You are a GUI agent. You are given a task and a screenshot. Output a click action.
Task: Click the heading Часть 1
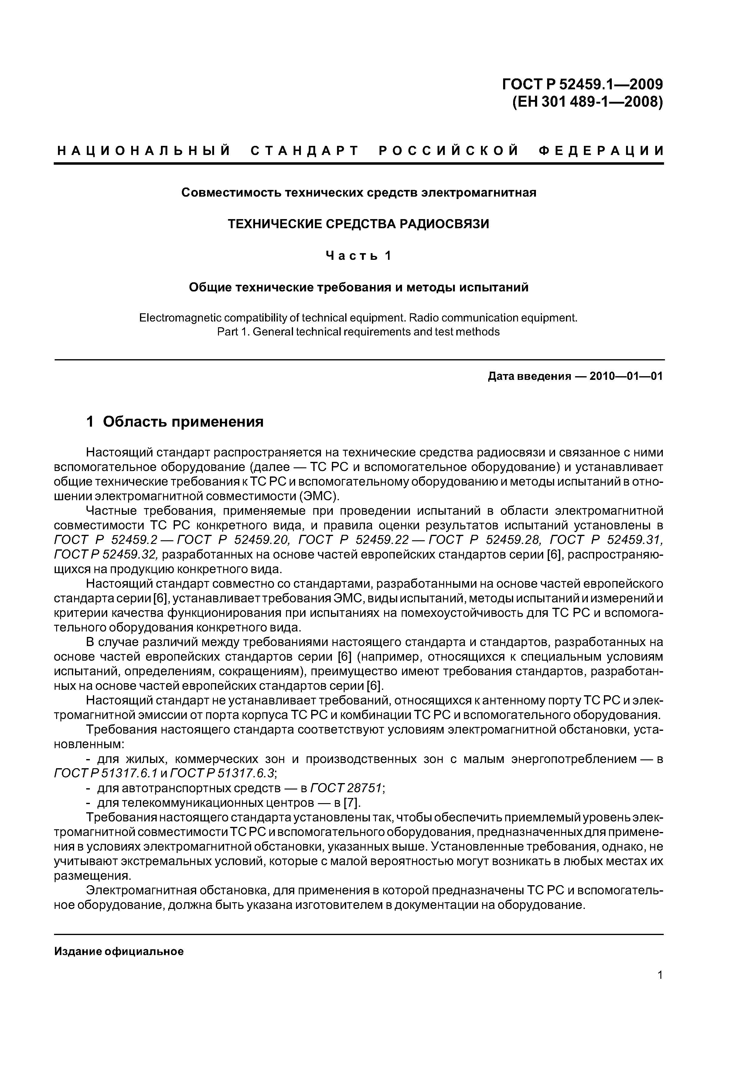(x=358, y=255)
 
